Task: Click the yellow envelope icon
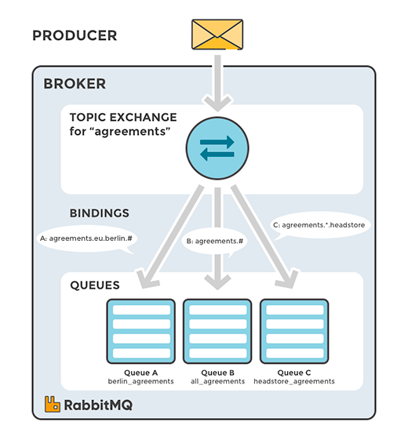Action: [x=217, y=35]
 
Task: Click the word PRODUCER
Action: [x=75, y=36]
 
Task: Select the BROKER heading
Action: [x=75, y=84]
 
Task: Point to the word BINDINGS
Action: [x=100, y=213]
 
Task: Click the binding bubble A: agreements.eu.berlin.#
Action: [x=86, y=238]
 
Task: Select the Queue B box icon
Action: [x=217, y=330]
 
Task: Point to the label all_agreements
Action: [x=217, y=380]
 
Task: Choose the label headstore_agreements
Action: [x=294, y=380]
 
